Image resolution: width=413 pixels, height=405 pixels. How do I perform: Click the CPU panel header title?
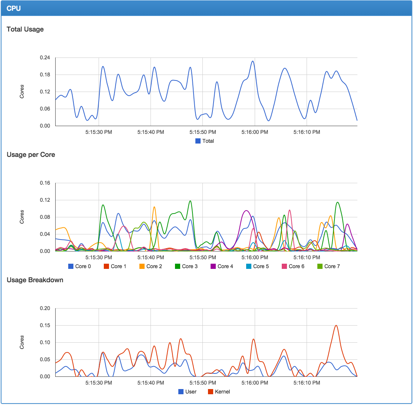pyautogui.click(x=13, y=9)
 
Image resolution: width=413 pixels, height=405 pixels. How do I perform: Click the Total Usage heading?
pyautogui.click(x=25, y=29)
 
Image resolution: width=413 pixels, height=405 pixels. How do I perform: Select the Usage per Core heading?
pyautogui.click(x=31, y=155)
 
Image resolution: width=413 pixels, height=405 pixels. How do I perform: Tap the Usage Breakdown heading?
pyautogui.click(x=35, y=280)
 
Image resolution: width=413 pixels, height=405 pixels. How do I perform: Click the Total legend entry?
pyautogui.click(x=205, y=141)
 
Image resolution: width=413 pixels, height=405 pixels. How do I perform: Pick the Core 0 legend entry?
pyautogui.click(x=80, y=266)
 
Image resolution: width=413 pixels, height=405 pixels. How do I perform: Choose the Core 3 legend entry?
pyautogui.click(x=186, y=266)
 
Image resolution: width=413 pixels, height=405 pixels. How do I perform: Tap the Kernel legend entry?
pyautogui.click(x=219, y=392)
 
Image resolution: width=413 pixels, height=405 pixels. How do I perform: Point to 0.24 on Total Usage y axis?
pyautogui.click(x=45, y=58)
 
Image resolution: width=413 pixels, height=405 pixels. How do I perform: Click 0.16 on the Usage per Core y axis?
pyautogui.click(x=45, y=183)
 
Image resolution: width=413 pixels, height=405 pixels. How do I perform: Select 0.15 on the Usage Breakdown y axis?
pyautogui.click(x=45, y=326)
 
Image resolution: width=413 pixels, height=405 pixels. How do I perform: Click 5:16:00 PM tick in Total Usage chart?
pyautogui.click(x=255, y=132)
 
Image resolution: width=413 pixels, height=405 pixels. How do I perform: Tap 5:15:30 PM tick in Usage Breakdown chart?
pyautogui.click(x=99, y=382)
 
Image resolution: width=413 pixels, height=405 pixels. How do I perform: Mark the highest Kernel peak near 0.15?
pyautogui.click(x=336, y=325)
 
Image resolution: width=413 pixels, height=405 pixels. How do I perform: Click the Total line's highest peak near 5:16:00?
pyautogui.click(x=252, y=61)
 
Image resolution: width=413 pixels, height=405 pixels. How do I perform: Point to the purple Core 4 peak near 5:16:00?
pyautogui.click(x=246, y=211)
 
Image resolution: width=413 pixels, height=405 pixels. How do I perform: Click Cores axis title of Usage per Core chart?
pyautogui.click(x=22, y=217)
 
